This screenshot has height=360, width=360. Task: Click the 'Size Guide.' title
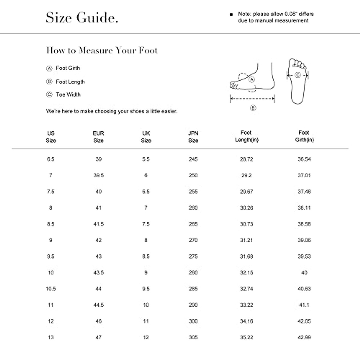coord(82,18)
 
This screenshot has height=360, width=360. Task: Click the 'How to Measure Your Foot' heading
coord(102,50)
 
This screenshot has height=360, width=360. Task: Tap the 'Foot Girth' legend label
coord(68,68)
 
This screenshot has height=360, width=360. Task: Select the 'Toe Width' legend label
coord(68,94)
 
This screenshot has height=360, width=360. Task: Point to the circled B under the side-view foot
coord(253,108)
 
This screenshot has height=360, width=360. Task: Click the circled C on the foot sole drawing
coord(298,75)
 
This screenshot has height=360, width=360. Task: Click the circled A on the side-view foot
coord(252,79)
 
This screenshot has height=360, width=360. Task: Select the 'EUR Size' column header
coord(98,137)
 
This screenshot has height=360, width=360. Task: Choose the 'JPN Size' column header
coord(193,137)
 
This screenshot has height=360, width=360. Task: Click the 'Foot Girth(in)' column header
coord(304,136)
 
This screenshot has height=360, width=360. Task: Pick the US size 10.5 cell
coord(51,289)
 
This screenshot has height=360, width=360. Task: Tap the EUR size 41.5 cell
coord(98,224)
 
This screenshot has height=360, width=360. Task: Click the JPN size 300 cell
coord(193,321)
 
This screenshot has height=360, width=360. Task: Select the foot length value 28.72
coord(246,159)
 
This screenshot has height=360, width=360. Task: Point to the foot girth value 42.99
coord(304,337)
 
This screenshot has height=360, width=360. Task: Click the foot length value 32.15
coord(246,273)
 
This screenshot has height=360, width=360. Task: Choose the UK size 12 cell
coord(146,337)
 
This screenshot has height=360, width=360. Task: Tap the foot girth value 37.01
coord(304,175)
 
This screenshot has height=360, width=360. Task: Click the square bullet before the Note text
coord(231,14)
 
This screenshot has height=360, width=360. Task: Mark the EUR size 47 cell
coord(98,337)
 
